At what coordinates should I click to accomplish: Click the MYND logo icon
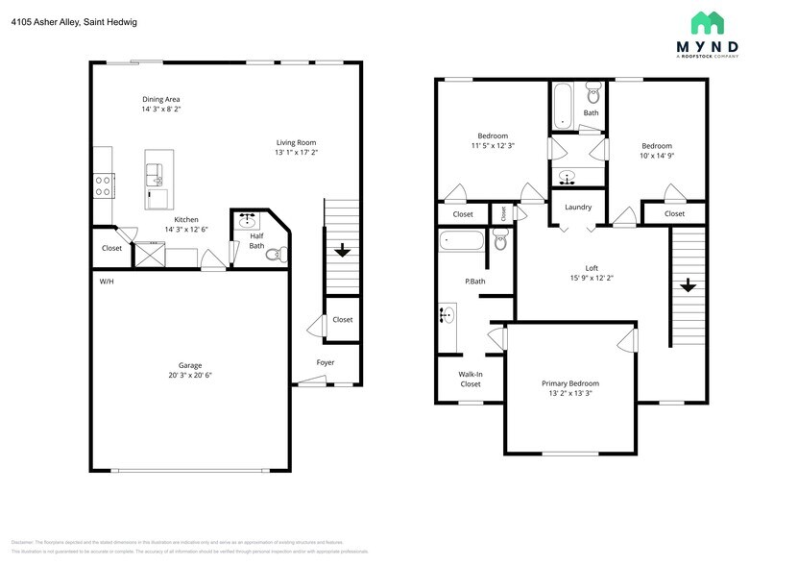click(x=709, y=23)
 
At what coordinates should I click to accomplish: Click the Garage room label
click(x=189, y=365)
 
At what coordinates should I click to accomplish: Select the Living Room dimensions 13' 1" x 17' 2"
click(x=296, y=152)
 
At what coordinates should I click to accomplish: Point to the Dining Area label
click(x=161, y=99)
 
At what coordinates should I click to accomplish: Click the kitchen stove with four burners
click(x=104, y=184)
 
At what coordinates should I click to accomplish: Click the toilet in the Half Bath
click(x=276, y=255)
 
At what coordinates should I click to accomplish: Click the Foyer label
click(x=326, y=362)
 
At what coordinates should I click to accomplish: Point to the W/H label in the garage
click(x=106, y=281)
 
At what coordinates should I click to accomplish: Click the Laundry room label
click(x=578, y=207)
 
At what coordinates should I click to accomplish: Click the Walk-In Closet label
click(x=471, y=379)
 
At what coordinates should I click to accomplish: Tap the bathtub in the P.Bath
click(x=461, y=240)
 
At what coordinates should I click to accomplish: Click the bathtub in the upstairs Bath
click(x=563, y=106)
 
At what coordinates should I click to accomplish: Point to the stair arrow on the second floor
click(x=688, y=285)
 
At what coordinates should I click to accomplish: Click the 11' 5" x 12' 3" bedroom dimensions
click(x=493, y=146)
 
